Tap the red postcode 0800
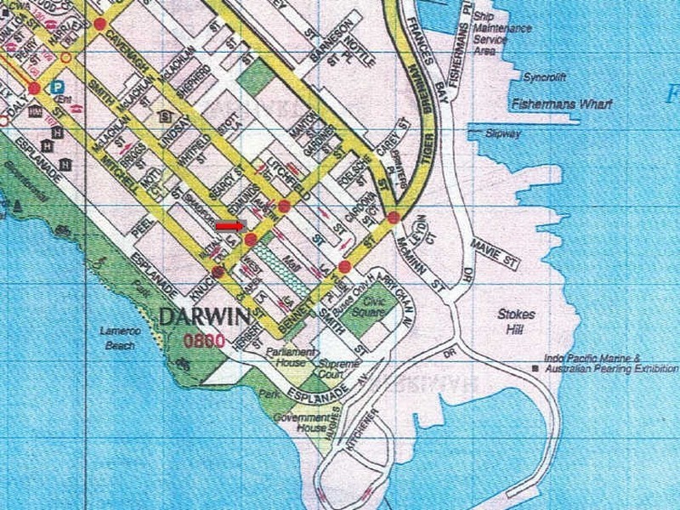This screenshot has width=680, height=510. (x=203, y=341)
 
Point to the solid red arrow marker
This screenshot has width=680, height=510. (x=229, y=226)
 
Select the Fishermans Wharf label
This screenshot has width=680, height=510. (x=556, y=105)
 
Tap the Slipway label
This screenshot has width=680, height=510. (x=502, y=133)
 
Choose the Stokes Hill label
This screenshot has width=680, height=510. (x=517, y=320)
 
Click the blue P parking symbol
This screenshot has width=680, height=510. (x=57, y=86)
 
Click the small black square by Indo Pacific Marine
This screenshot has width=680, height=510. (x=535, y=369)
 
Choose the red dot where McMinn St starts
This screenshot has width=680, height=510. (x=394, y=218)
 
